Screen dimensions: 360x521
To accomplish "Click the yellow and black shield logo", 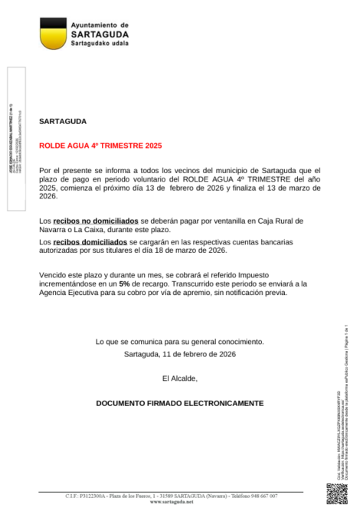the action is [x=52, y=33].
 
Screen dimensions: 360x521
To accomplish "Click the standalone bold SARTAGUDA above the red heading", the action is [x=63, y=122].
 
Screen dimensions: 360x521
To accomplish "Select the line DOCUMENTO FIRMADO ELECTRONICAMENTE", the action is [x=180, y=403].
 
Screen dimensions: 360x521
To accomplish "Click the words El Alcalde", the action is [x=180, y=378].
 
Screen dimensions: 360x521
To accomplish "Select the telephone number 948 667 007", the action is [x=260, y=496].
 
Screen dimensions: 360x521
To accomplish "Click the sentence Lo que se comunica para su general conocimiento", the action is [x=180, y=342].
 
